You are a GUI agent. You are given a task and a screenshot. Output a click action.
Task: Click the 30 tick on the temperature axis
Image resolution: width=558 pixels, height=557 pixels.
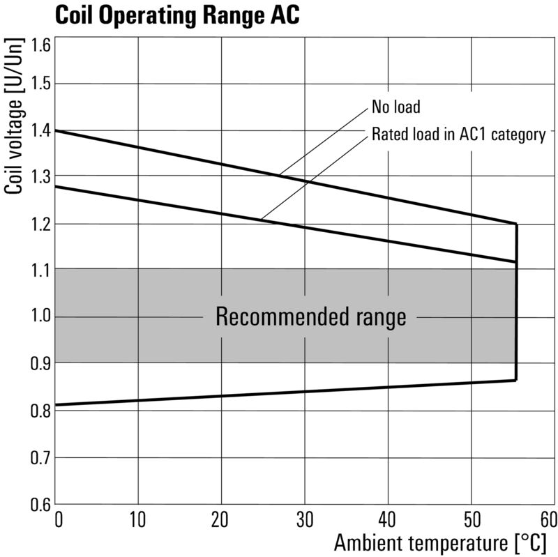tap(305, 519)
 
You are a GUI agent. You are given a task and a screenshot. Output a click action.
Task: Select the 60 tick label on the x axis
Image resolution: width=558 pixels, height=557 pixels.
tap(548, 519)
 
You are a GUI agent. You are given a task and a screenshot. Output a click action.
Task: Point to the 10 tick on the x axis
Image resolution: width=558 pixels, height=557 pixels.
tap(138, 519)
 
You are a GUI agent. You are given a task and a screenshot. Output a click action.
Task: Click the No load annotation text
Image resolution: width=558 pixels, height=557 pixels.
tap(396, 108)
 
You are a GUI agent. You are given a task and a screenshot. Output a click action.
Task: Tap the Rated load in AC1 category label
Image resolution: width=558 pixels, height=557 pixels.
tap(458, 134)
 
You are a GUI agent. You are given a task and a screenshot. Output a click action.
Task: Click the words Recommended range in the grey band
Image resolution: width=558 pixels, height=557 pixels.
tap(310, 317)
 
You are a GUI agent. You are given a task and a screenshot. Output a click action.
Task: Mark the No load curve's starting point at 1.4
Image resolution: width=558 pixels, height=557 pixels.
tap(56, 130)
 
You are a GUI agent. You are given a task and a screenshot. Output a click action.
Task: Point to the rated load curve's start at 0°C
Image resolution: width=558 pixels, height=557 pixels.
tap(56, 186)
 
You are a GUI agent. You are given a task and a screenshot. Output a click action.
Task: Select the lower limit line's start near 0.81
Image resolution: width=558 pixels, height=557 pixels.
tap(56, 405)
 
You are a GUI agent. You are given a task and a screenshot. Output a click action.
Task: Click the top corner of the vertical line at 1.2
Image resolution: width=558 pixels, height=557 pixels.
tap(516, 224)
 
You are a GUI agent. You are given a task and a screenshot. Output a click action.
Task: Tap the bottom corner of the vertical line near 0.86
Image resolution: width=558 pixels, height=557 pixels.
tap(516, 380)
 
